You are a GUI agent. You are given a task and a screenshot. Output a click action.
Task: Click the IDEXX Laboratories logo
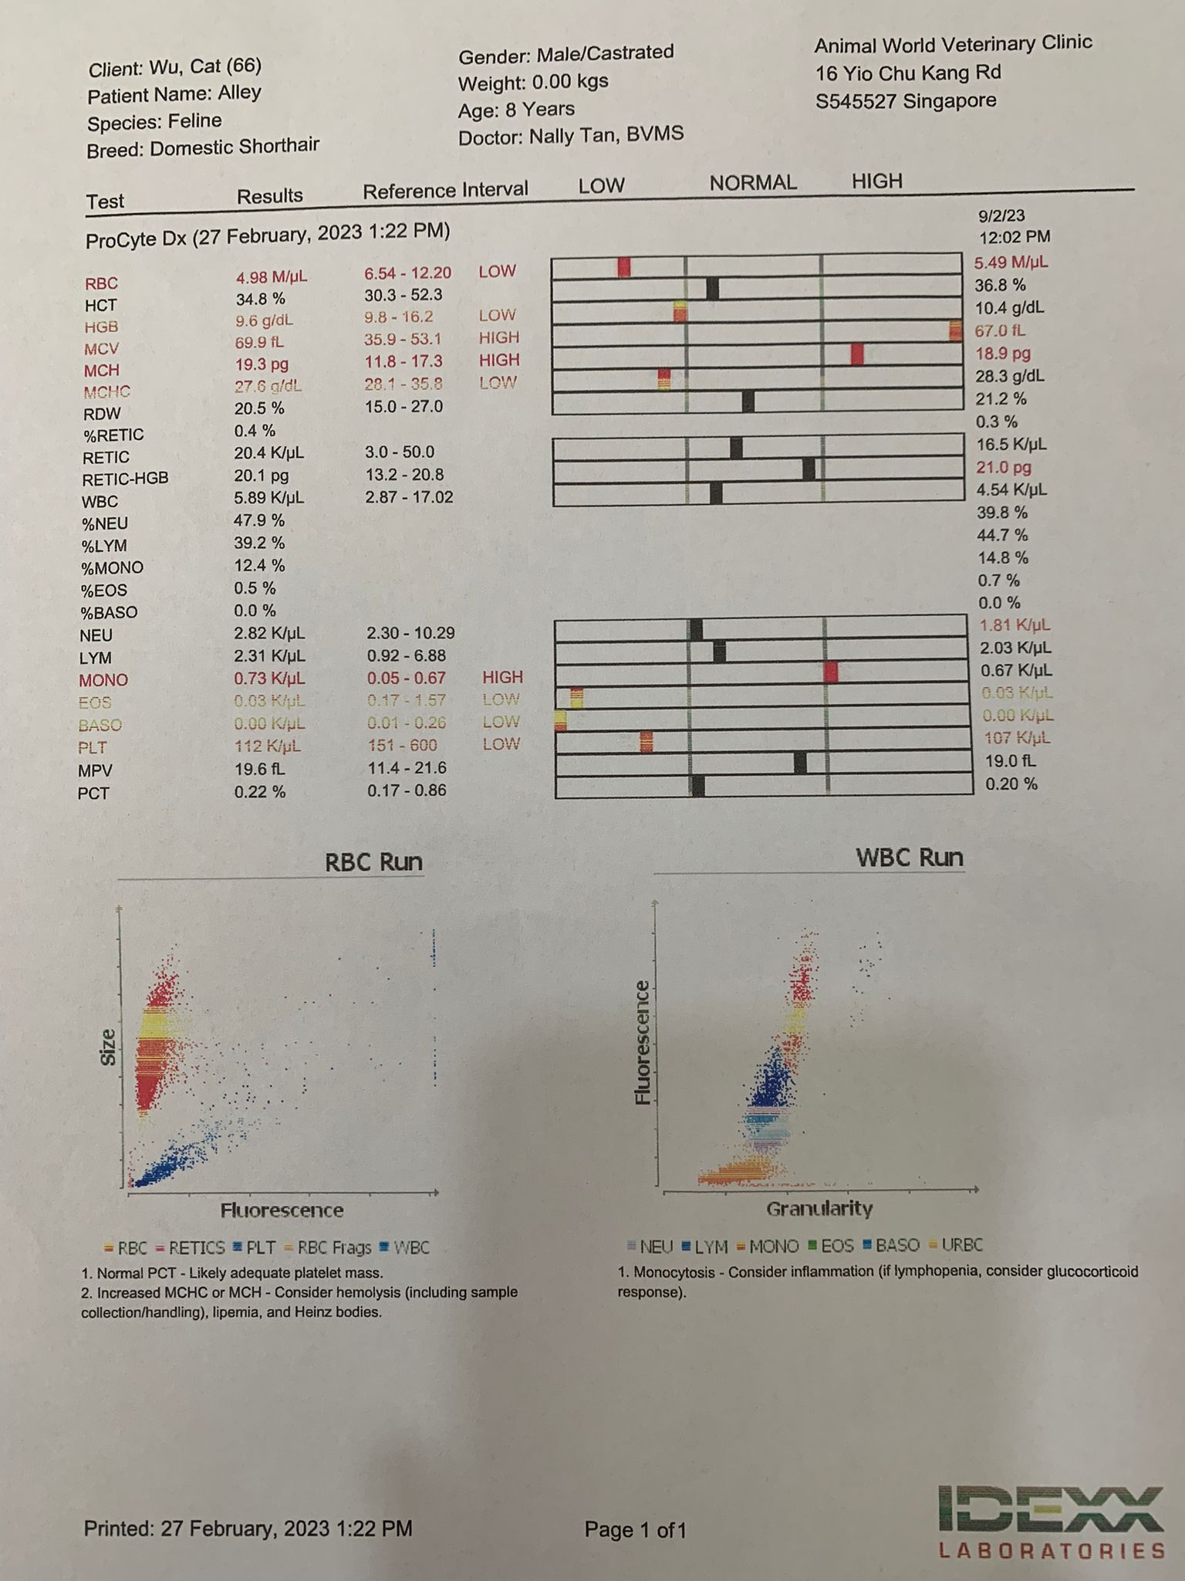click(x=1051, y=1520)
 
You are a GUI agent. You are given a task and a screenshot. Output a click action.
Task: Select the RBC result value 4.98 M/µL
click(x=271, y=277)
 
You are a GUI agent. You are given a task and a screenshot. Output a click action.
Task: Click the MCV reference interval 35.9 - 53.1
click(x=403, y=338)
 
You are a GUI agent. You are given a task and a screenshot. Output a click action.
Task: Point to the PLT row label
click(x=92, y=747)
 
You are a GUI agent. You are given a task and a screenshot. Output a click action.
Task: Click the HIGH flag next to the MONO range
click(x=502, y=677)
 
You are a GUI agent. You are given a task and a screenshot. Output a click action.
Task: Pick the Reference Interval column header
click(x=445, y=191)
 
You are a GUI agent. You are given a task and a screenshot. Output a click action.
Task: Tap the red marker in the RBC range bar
click(x=624, y=266)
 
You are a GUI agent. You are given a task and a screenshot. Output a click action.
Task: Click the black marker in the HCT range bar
click(x=712, y=289)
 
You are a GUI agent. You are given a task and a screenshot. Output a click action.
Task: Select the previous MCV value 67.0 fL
click(x=999, y=331)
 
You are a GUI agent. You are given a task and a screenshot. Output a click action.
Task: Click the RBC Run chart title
click(x=373, y=862)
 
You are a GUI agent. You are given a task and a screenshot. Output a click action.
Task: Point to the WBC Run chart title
click(x=910, y=858)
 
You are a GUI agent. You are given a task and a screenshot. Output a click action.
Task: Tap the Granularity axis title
click(x=819, y=1209)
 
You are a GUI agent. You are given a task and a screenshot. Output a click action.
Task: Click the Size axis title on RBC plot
click(x=108, y=1048)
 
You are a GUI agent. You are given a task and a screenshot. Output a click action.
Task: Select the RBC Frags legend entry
click(x=333, y=1248)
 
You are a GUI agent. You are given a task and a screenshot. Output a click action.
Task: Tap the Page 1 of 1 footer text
click(x=635, y=1530)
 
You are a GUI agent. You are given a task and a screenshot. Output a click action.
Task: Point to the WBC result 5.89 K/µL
click(x=268, y=499)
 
